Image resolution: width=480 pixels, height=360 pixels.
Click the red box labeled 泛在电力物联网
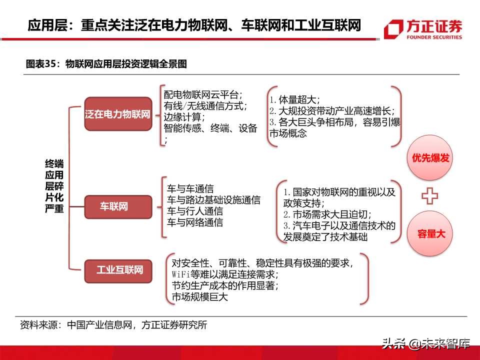tap(118, 114)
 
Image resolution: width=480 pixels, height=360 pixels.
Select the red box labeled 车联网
tap(118, 206)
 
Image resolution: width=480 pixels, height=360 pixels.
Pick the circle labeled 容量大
tap(430, 233)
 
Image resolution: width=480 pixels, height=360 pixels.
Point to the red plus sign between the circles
tap(429, 196)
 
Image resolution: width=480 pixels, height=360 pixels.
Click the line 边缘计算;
tap(182, 117)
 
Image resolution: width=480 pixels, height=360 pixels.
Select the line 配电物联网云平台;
tap(203, 94)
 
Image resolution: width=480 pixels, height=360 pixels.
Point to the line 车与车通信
tap(190, 189)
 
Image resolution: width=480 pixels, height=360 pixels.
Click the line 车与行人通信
tap(195, 211)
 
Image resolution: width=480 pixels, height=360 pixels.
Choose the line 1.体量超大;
tap(294, 99)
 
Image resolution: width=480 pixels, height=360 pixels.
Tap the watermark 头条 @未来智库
tap(425, 343)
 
